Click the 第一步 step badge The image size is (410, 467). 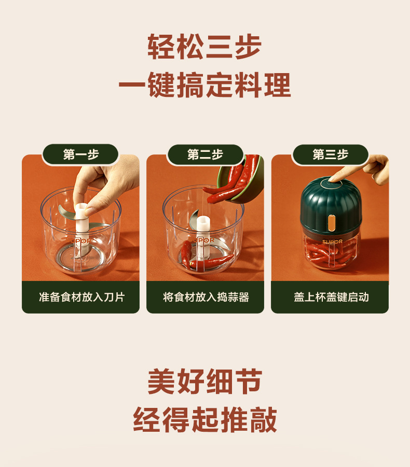(80, 154)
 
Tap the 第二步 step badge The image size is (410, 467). (205, 154)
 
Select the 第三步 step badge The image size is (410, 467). (330, 154)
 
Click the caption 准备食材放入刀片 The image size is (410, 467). (81, 297)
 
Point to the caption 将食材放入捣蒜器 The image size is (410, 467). (206, 297)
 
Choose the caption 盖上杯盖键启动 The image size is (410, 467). (331, 297)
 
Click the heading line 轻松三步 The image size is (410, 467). (204, 47)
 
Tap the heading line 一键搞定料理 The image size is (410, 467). (205, 85)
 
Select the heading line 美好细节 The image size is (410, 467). (205, 381)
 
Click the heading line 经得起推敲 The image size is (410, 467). (205, 419)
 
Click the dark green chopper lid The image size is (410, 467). (331, 205)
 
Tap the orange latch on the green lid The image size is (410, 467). (331, 223)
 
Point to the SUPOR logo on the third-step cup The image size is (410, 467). (332, 241)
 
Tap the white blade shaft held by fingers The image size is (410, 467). (81, 220)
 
